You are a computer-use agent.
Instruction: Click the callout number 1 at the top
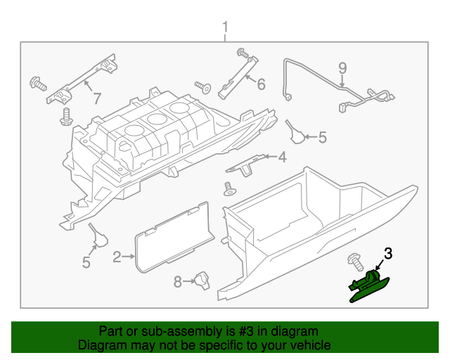tap(225, 27)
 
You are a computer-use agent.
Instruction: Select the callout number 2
tap(117, 257)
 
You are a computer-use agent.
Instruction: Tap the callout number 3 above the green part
tap(387, 254)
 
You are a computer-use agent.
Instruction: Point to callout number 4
tap(282, 157)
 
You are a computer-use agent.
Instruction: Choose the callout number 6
tap(261, 85)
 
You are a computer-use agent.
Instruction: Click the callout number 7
tap(97, 98)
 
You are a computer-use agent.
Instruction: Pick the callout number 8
tap(178, 282)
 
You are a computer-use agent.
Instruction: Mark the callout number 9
tap(342, 69)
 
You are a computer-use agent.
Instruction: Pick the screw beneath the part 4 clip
tap(228, 188)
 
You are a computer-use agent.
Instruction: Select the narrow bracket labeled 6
tap(236, 76)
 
